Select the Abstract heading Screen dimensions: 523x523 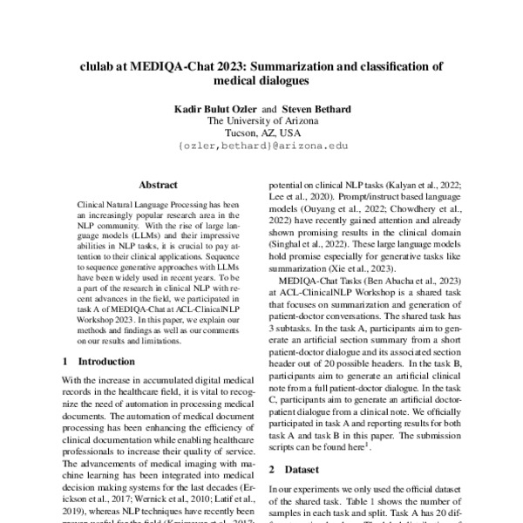pos(158,185)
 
